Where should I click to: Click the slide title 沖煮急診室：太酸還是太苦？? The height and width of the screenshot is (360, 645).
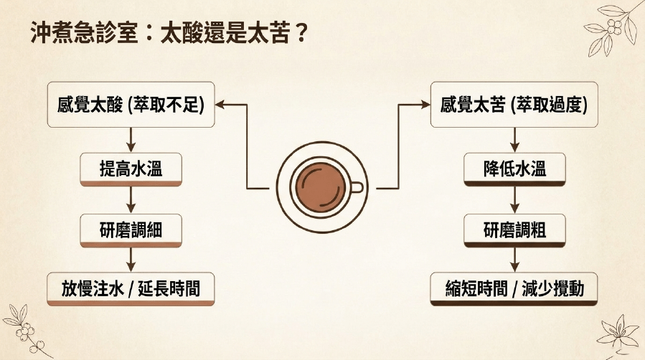(169, 33)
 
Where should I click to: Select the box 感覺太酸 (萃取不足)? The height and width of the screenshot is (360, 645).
(131, 105)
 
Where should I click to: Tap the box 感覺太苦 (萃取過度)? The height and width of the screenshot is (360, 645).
(514, 105)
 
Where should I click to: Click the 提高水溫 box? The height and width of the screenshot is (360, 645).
(131, 169)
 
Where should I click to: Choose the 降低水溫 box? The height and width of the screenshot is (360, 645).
(514, 169)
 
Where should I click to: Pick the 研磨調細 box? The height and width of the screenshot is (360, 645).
(131, 230)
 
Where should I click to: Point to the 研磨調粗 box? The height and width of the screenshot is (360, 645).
(514, 230)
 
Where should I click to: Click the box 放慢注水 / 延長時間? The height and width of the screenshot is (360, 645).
(131, 289)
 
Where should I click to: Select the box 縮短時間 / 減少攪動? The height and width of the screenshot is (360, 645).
(514, 289)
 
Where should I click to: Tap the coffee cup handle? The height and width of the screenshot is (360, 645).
(357, 187)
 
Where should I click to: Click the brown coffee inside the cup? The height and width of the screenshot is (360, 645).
(321, 187)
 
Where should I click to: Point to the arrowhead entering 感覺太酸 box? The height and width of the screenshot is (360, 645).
(220, 105)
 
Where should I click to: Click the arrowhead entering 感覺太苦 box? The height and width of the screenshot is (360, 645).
(425, 105)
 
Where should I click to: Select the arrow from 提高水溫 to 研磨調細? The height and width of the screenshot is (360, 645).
(131, 200)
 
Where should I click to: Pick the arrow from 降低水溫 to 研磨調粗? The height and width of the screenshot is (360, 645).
(514, 200)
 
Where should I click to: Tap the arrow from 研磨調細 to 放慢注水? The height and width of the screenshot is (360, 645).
(131, 260)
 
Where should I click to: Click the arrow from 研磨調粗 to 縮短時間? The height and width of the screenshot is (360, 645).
(514, 260)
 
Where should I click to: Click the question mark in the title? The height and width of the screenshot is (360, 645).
(301, 33)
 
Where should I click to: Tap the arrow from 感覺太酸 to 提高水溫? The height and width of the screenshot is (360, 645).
(131, 140)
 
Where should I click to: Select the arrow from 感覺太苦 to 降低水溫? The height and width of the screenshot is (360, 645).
(514, 140)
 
